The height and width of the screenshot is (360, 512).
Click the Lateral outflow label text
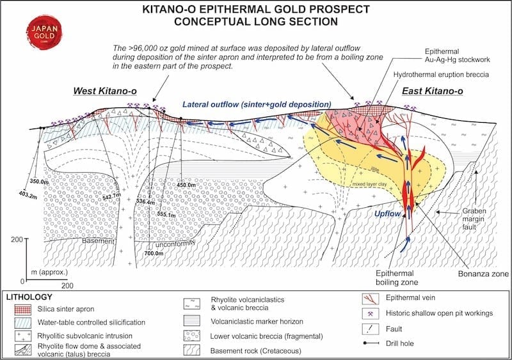coord(256,104)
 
